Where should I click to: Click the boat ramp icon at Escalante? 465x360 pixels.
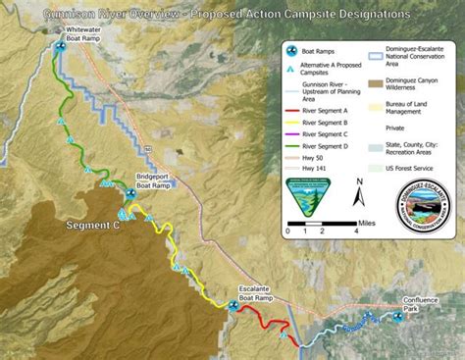[233, 305]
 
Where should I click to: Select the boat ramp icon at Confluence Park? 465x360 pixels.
[398, 316]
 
